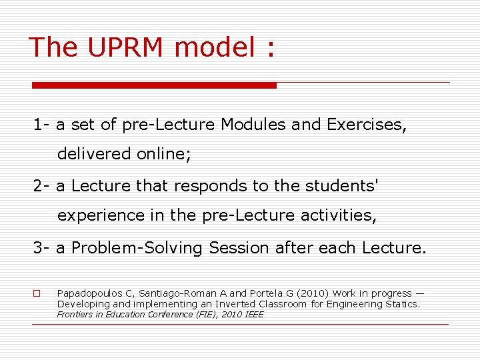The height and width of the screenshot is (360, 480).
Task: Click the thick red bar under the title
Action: [154, 85]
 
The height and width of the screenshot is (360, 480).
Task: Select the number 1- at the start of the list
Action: [42, 125]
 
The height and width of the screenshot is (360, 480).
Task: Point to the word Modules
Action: [254, 125]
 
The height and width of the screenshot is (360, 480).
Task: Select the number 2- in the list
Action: [42, 185]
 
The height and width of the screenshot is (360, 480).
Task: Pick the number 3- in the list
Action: [42, 248]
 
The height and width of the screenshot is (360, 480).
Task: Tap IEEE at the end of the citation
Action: [254, 314]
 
